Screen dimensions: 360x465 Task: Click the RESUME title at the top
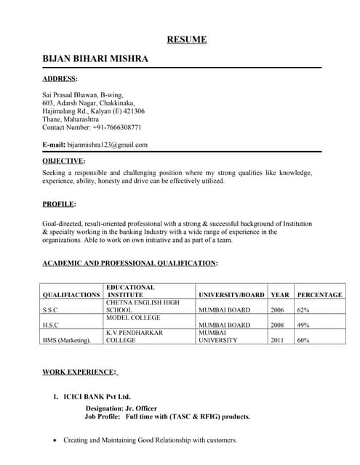[x=187, y=39]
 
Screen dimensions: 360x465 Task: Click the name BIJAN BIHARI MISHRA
[x=95, y=58]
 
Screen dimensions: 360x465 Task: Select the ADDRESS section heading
[x=60, y=78]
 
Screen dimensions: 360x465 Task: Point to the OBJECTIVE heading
[x=64, y=161]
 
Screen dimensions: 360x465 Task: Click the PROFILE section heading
[x=59, y=204]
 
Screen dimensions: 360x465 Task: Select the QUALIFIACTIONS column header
[x=71, y=295]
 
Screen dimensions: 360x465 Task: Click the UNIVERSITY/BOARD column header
[x=231, y=295]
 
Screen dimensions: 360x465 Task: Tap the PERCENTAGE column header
[x=319, y=295]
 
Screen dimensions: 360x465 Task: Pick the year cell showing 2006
[x=277, y=310]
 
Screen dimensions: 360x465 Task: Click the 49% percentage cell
[x=303, y=325]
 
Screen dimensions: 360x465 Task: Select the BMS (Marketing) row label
[x=67, y=340]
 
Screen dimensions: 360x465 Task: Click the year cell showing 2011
[x=277, y=340]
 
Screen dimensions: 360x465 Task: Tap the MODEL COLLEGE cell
[x=133, y=318]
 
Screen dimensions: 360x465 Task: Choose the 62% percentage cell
[x=303, y=310]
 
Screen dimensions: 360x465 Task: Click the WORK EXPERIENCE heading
[x=79, y=372]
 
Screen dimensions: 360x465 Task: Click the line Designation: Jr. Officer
[x=121, y=408]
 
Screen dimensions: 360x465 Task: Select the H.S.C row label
[x=51, y=325]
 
